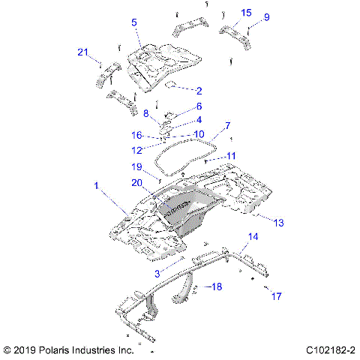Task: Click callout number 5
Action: click(x=134, y=22)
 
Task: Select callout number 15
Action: click(x=246, y=13)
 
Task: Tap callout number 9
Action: click(x=266, y=17)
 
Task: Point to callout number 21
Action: click(x=83, y=52)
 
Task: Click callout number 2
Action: click(x=199, y=90)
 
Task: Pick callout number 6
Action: click(x=199, y=106)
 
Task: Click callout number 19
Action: click(x=137, y=167)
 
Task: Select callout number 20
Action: click(x=137, y=182)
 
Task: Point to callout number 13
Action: click(x=279, y=223)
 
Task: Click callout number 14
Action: click(x=253, y=238)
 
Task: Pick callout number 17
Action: click(x=276, y=296)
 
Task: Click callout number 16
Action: click(x=137, y=135)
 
